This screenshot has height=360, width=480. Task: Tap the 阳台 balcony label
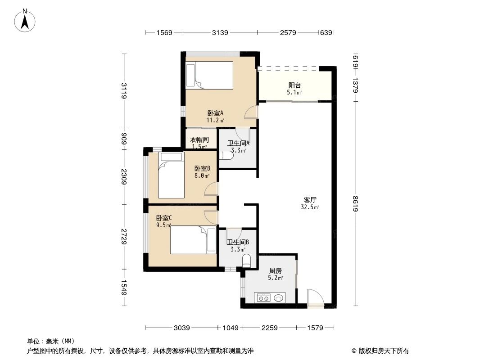(294, 85)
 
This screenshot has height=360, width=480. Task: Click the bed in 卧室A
(210, 75)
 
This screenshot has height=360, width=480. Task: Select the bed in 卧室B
(171, 175)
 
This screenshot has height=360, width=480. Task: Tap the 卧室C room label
(164, 218)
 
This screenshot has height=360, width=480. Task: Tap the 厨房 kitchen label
(276, 271)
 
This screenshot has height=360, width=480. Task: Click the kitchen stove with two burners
(263, 297)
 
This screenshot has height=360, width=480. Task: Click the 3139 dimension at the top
(220, 32)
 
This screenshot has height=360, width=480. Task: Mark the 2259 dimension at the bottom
(270, 328)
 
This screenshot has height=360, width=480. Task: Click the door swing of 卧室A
(251, 112)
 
